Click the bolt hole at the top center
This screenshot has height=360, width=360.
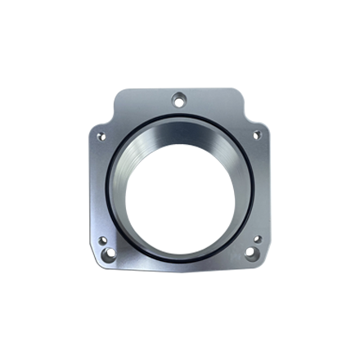178,101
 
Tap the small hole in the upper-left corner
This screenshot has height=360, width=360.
101,135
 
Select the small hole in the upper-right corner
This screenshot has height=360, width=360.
255,135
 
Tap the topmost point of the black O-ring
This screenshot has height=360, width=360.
179,115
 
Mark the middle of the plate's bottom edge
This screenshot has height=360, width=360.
179,274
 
